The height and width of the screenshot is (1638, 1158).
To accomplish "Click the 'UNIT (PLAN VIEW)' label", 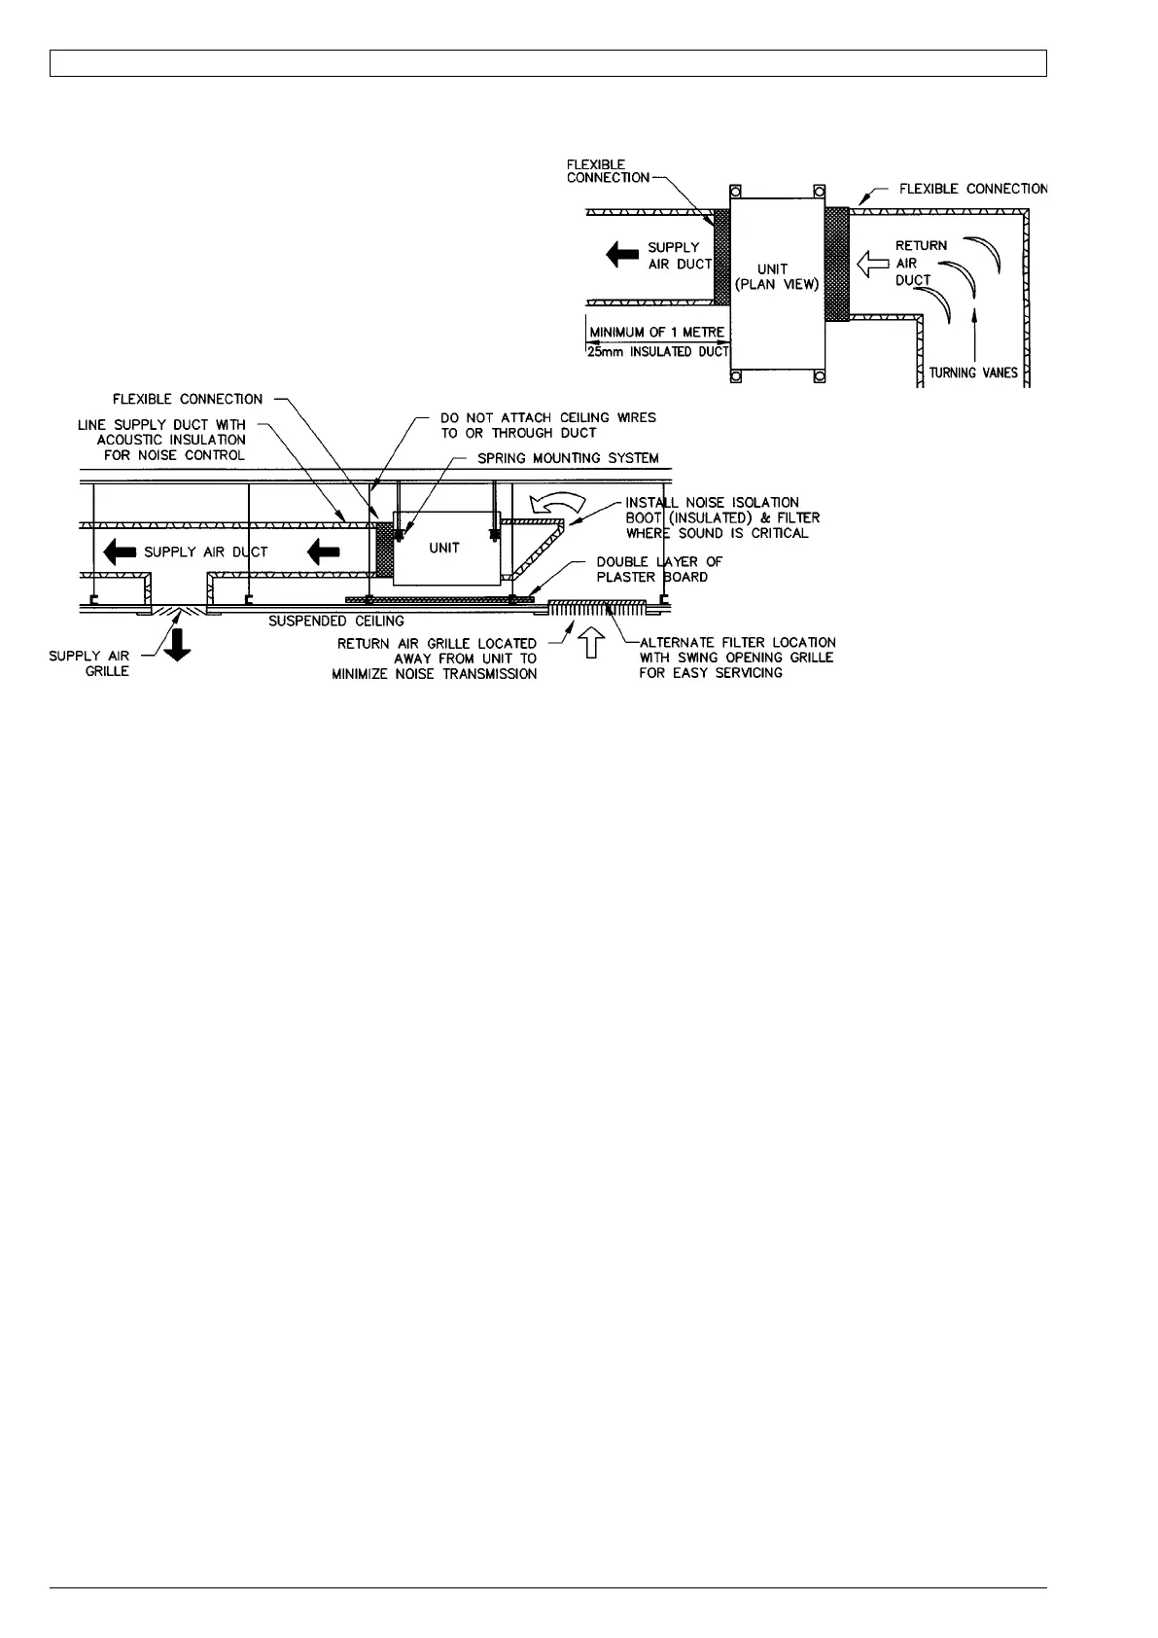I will pyautogui.click(x=775, y=276).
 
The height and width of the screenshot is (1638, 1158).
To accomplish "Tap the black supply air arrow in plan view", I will pyautogui.click(x=622, y=255).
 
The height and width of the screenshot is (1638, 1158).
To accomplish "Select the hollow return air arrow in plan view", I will pyautogui.click(x=872, y=261).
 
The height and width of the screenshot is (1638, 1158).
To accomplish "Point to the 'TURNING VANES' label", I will pyautogui.click(x=973, y=373).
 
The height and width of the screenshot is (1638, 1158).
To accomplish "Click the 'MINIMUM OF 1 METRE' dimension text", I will pyautogui.click(x=656, y=333).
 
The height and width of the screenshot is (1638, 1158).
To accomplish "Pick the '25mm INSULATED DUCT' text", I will pyautogui.click(x=657, y=351).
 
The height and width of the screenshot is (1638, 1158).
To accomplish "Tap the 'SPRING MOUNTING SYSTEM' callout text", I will pyautogui.click(x=568, y=458).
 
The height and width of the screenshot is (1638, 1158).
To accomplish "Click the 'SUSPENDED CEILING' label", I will pyautogui.click(x=336, y=621).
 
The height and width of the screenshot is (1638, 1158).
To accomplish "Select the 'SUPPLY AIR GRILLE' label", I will pyautogui.click(x=89, y=663).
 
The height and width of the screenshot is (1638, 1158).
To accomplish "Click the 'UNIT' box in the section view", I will pyautogui.click(x=444, y=548).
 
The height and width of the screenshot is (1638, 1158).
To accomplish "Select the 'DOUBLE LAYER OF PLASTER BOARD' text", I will pyautogui.click(x=659, y=569).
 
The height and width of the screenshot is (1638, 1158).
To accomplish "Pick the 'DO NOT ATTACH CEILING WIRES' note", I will pyautogui.click(x=548, y=425).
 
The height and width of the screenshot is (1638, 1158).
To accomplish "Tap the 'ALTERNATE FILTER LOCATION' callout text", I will pyautogui.click(x=737, y=658).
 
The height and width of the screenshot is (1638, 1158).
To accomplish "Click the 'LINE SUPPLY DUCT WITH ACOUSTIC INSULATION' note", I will pyautogui.click(x=161, y=440).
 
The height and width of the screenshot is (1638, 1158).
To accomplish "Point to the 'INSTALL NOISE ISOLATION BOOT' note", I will pyautogui.click(x=721, y=517).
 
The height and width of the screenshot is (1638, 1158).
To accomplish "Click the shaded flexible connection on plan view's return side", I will pyautogui.click(x=836, y=263).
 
